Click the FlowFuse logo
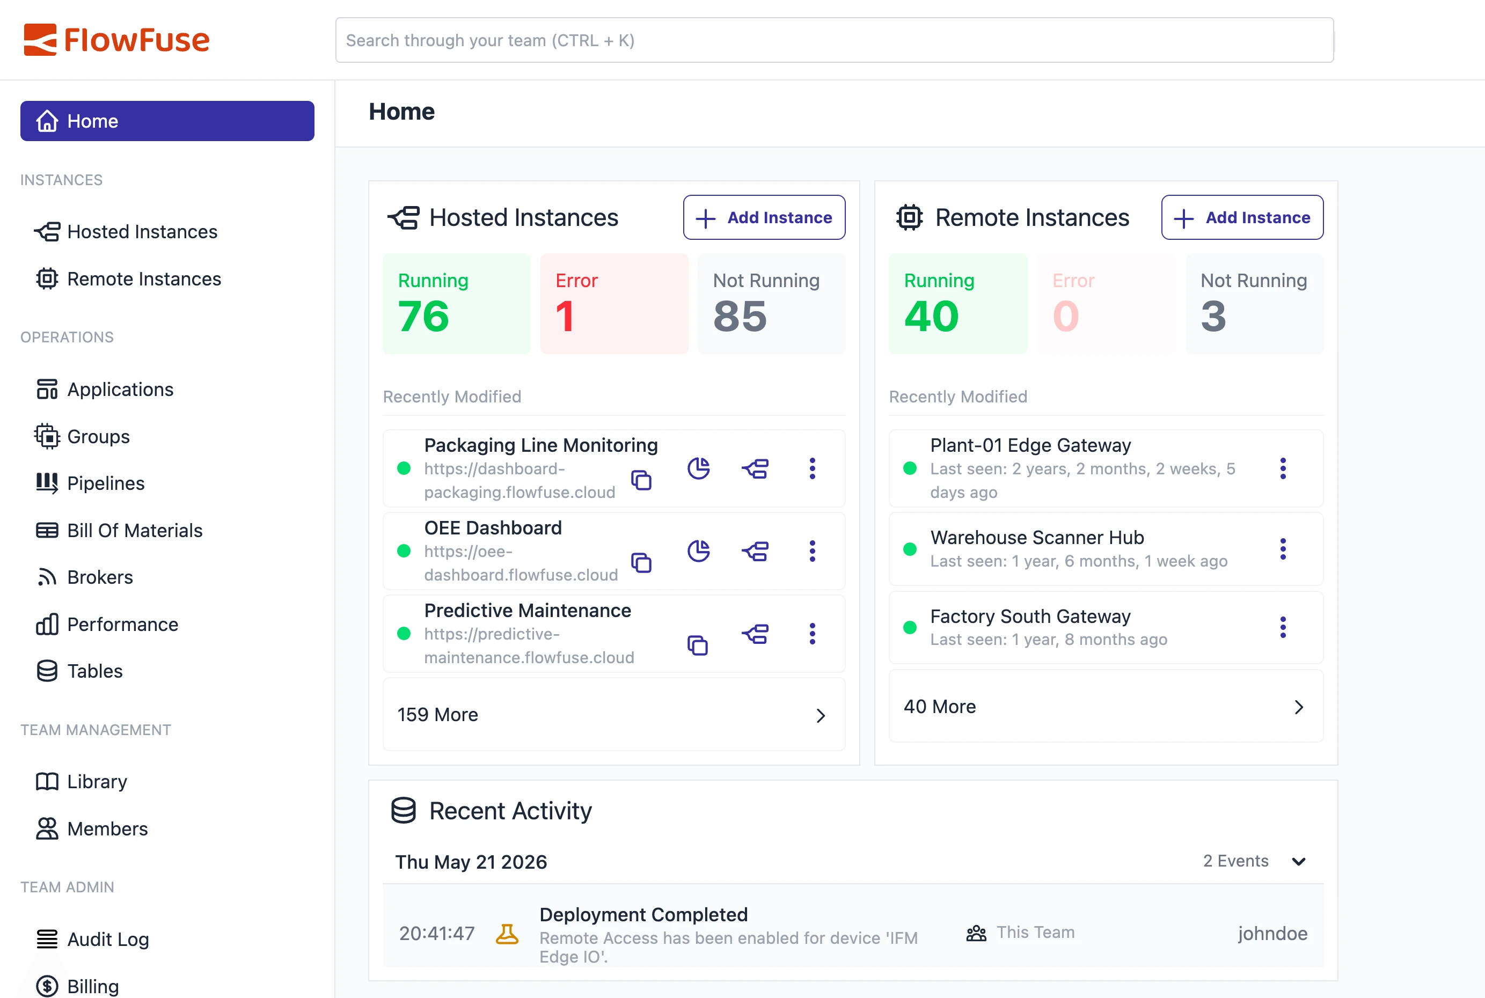click(116, 40)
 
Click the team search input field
click(834, 40)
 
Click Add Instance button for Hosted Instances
click(764, 218)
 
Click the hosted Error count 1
click(565, 317)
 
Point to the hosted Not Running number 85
click(740, 317)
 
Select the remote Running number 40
click(931, 317)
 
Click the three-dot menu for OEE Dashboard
click(812, 551)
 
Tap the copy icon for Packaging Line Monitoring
click(641, 480)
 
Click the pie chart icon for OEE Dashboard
click(699, 551)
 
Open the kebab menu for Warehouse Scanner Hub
click(1283, 549)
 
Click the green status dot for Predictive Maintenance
click(404, 633)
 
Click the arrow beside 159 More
click(821, 715)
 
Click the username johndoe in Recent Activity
click(1273, 934)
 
